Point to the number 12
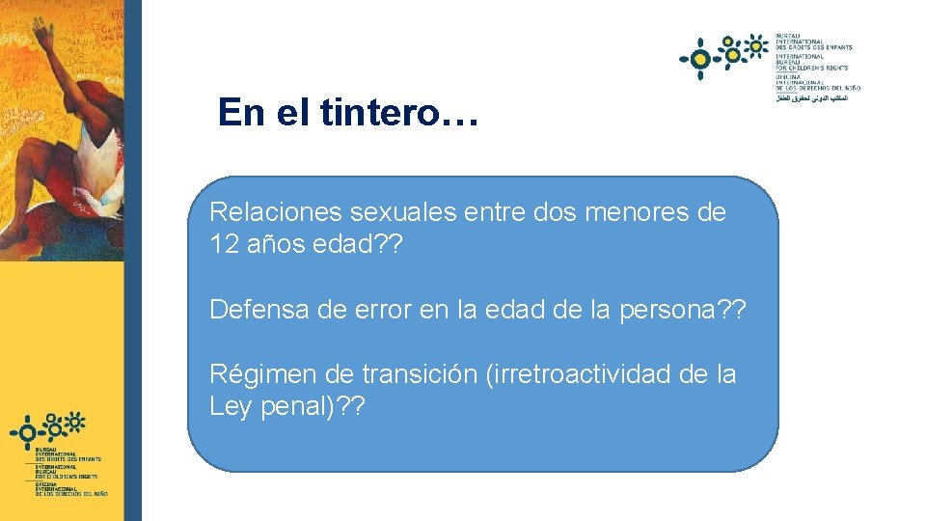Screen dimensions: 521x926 [x=225, y=244]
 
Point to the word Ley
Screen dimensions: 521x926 [x=230, y=406]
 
